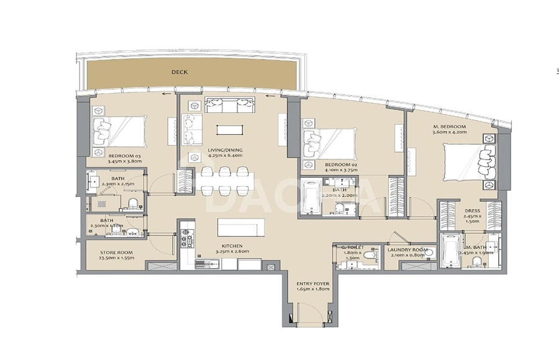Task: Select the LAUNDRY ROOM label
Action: click(408, 250)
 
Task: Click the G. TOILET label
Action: click(352, 248)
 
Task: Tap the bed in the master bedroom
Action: click(469, 163)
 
